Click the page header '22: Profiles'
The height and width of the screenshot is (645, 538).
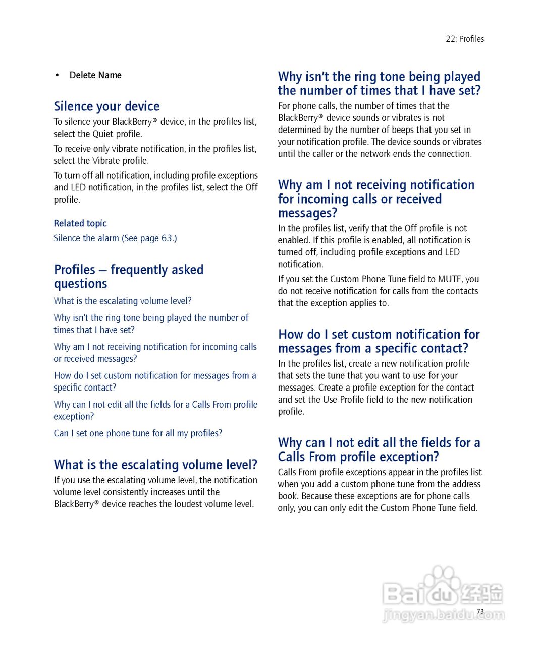click(464, 39)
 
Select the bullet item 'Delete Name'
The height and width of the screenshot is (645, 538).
click(95, 75)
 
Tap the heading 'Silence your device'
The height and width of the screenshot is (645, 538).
click(106, 106)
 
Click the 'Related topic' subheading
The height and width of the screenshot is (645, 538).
click(80, 223)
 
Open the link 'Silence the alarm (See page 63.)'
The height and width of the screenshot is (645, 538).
click(115, 238)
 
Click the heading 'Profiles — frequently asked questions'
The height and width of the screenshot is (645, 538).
click(128, 276)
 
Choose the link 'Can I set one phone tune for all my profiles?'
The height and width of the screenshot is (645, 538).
click(138, 433)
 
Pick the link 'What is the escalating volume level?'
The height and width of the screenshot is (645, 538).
click(123, 301)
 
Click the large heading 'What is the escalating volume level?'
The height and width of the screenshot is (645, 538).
click(155, 465)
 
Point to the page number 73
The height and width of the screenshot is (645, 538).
click(480, 611)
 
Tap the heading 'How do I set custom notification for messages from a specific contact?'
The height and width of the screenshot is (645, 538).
click(379, 341)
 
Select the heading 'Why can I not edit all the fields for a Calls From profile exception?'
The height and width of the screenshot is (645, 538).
click(379, 449)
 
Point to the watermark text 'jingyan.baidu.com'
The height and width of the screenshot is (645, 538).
click(444, 615)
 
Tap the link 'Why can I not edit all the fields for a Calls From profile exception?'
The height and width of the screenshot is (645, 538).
click(155, 410)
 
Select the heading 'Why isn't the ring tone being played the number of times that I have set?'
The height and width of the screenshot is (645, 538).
click(379, 83)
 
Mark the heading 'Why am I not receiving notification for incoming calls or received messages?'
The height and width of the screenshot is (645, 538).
click(376, 199)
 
